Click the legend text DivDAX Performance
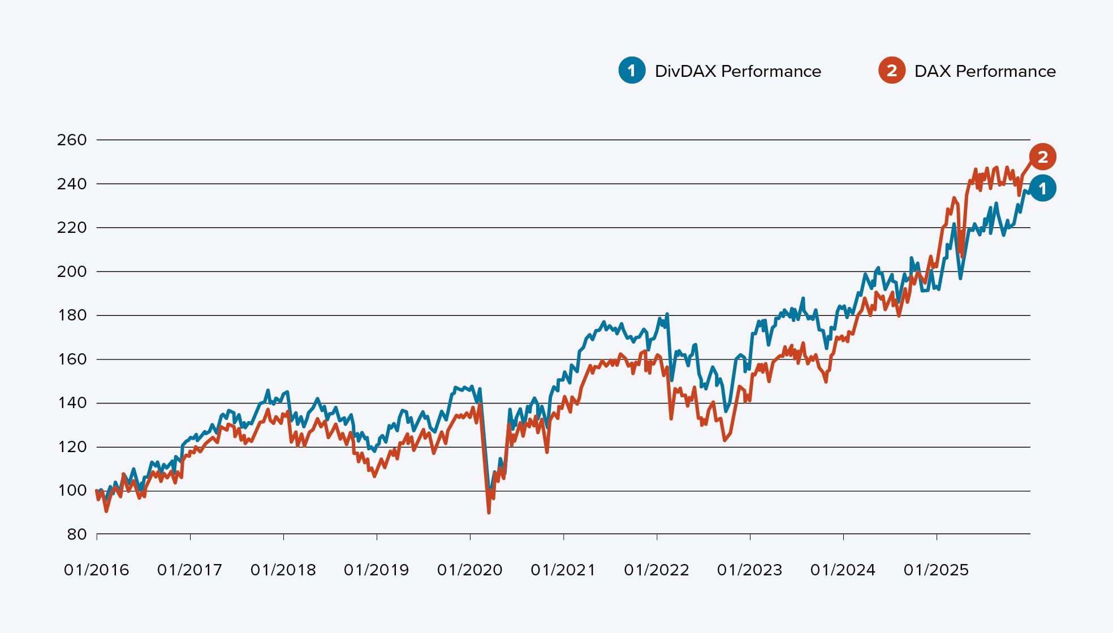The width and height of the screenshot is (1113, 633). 737,71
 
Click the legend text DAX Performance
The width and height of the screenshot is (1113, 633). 985,71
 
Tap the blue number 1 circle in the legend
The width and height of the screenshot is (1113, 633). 632,71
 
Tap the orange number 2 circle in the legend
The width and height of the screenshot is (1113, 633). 891,71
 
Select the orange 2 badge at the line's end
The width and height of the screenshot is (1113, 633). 1042,157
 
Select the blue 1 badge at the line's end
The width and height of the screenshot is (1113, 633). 1042,189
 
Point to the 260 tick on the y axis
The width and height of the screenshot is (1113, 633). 72,140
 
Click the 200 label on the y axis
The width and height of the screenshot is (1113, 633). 72,271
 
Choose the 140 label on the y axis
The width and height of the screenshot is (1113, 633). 72,403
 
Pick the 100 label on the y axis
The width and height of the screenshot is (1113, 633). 72,491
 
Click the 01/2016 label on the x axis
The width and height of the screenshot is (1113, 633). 97,570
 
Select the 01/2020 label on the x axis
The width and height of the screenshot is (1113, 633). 470,570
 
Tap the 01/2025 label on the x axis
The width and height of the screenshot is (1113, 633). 937,570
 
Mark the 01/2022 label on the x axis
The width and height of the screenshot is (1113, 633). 657,570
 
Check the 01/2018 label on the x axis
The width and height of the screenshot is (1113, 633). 283,570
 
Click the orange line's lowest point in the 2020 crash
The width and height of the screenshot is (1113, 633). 489,512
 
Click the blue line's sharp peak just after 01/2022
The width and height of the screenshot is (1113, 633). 667,314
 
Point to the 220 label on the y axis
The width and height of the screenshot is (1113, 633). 72,227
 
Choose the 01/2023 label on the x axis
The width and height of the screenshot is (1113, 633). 750,570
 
